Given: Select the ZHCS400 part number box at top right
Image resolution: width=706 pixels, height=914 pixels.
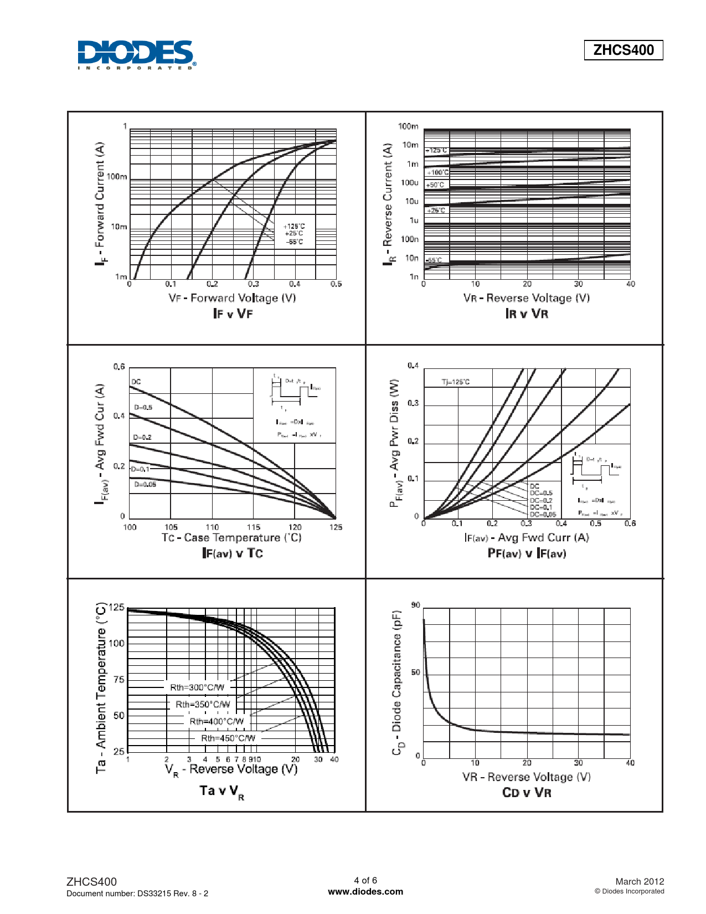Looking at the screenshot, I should coord(623,50).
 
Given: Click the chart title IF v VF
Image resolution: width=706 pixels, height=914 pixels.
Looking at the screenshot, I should coord(233,314).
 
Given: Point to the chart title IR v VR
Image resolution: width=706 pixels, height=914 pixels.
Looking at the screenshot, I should coord(527,314).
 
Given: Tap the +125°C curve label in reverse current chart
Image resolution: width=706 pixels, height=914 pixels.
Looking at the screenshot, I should coord(436,151).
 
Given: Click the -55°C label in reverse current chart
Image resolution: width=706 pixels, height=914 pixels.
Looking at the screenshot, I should coord(434,260).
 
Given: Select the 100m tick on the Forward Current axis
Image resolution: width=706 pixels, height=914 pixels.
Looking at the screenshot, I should coord(117,177).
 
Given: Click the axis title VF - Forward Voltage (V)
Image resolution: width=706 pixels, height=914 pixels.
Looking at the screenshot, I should coord(232,298).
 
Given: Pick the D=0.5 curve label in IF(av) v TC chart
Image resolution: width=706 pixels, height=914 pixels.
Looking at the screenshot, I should coord(143,407).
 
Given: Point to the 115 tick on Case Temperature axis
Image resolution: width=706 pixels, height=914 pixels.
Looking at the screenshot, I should coord(254,527).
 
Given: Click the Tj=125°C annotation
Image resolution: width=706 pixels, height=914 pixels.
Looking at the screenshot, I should coord(455,382).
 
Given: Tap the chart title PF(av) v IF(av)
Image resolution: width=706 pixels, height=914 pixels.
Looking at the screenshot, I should coord(527,553).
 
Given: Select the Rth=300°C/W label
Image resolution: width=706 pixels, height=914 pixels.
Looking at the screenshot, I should coord(197,687).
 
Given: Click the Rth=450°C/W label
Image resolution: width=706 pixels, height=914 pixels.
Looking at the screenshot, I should coord(228,738).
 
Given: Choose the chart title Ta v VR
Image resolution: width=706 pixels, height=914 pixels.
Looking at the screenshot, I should coord(221,792).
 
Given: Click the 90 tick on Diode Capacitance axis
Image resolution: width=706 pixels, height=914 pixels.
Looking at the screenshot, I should coord(415,605).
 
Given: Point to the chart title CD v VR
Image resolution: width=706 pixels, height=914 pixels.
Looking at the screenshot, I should coord(527,792).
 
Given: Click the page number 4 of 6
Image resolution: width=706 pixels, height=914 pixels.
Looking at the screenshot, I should coord(365,880).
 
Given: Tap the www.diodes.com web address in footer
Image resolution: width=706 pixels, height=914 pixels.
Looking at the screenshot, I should coord(365,892).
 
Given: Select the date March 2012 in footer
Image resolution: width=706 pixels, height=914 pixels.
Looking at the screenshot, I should coord(640,881).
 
